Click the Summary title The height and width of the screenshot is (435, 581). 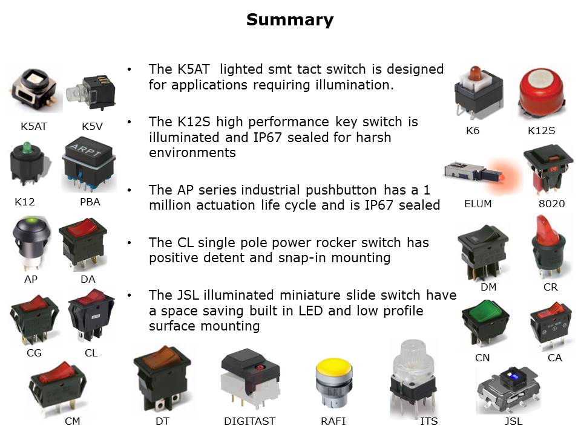pyautogui.click(x=290, y=19)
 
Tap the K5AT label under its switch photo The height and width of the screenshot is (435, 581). pyautogui.click(x=34, y=126)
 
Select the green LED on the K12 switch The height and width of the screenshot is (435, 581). pyautogui.click(x=26, y=147)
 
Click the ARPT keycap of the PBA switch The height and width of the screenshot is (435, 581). pyautogui.click(x=88, y=150)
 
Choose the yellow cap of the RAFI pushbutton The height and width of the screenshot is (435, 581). pyautogui.click(x=333, y=368)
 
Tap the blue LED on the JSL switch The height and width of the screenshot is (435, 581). pyautogui.click(x=514, y=377)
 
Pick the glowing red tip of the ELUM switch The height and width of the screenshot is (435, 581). pyautogui.click(x=502, y=178)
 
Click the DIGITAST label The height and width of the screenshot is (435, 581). pyautogui.click(x=249, y=421)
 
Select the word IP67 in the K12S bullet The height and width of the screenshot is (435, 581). pyautogui.click(x=267, y=137)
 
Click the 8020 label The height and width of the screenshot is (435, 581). pyautogui.click(x=551, y=204)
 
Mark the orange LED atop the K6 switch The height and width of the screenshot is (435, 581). pyautogui.click(x=476, y=74)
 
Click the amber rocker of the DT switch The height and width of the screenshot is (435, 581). pyautogui.click(x=162, y=357)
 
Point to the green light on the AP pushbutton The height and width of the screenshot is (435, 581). pyautogui.click(x=32, y=222)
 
